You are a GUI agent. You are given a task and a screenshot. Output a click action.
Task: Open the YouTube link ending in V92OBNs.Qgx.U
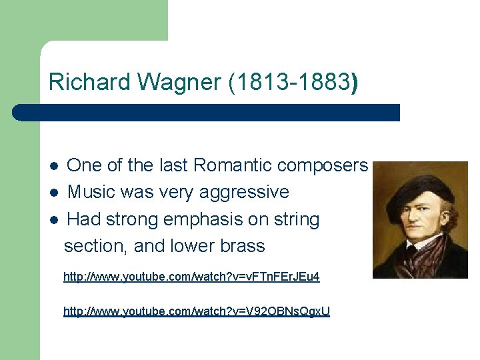pyautogui.click(x=196, y=311)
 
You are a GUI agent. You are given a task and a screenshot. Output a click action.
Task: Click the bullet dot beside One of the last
pyautogui.click(x=55, y=166)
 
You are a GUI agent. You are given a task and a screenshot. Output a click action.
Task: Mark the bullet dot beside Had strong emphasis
pyautogui.click(x=55, y=220)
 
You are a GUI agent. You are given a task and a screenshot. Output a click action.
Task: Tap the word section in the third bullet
pyautogui.click(x=96, y=246)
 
